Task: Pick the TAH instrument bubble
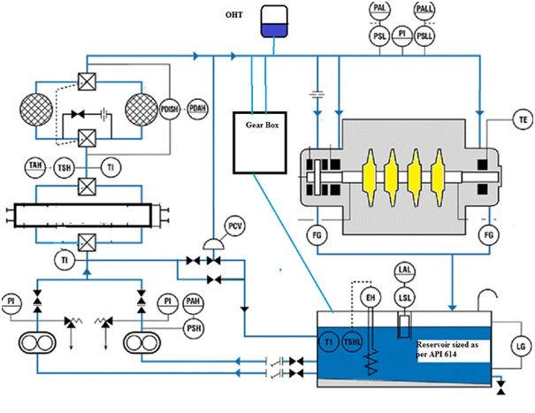[35, 167]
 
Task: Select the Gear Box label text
[263, 125]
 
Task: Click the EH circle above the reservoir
[373, 298]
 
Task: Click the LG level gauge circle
[519, 345]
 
